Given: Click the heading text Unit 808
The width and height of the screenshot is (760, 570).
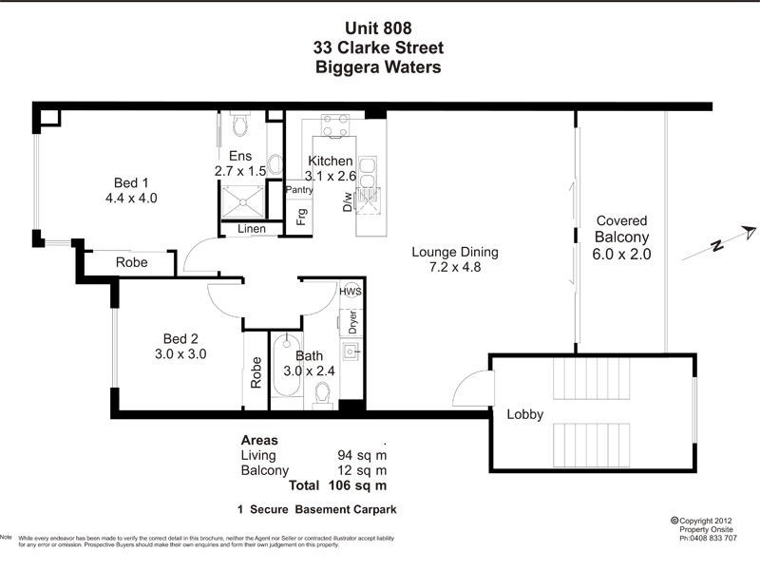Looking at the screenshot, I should pos(379,28).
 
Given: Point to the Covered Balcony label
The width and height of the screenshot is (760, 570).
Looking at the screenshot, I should pos(621,237).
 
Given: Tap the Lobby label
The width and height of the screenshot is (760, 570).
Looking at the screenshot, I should pos(523,414).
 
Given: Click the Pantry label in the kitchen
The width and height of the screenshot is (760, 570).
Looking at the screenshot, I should pos(299,190).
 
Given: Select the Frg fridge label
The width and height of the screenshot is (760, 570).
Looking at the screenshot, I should pos(301,218).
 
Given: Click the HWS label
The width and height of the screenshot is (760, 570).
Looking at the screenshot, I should pos(351,291).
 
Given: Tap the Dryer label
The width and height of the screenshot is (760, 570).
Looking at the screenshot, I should pos(351,321).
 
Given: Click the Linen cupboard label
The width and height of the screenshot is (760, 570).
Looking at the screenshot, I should pos(251,229).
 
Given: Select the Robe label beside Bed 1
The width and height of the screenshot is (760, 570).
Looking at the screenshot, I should pos(131,262).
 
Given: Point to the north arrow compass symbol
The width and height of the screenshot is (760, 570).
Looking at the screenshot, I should pos(732,238).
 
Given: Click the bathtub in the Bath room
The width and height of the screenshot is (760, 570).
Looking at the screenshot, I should pos(286,370).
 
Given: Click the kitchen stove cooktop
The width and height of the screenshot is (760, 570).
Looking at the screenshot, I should pos(332,126).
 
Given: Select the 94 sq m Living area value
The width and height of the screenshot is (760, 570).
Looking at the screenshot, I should pos(362,455).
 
